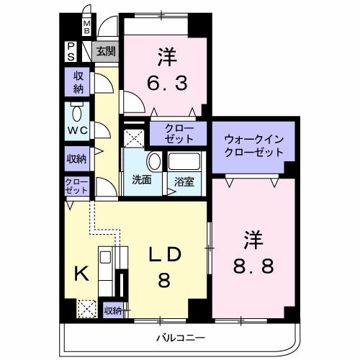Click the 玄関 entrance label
(x=107, y=51)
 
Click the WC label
(x=78, y=130)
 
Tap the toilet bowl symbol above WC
(x=77, y=113)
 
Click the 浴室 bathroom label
(x=184, y=181)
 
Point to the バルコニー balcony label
(x=181, y=338)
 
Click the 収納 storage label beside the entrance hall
(x=78, y=82)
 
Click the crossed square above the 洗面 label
(x=135, y=139)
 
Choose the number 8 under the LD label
(x=163, y=281)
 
